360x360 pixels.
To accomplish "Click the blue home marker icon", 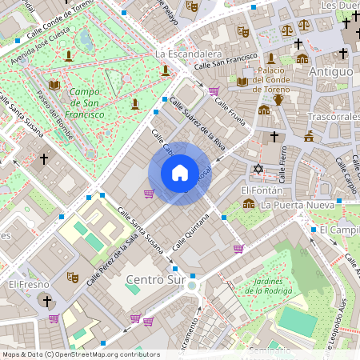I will [179, 173].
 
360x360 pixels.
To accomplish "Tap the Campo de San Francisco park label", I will [86, 103].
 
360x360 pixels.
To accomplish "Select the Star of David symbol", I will [258, 169].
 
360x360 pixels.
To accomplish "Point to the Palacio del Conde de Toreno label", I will [279, 78].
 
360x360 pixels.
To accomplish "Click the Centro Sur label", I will [154, 279].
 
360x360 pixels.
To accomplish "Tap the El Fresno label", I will [29, 284].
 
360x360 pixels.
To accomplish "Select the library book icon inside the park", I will [54, 85].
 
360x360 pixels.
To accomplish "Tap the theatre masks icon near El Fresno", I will [72, 277].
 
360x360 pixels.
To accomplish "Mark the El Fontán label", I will [258, 190].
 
